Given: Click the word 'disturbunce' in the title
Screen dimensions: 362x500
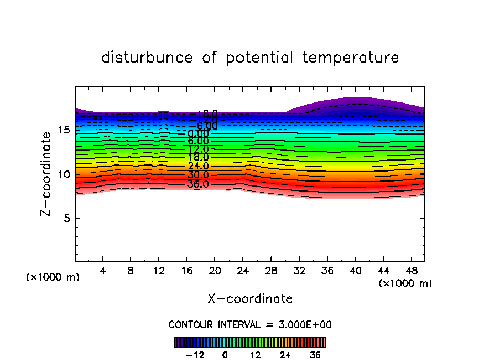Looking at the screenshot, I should [x=147, y=58].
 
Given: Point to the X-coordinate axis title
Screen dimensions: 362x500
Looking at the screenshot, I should [x=250, y=299].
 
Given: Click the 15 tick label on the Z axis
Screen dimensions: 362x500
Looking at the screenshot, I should [x=62, y=130].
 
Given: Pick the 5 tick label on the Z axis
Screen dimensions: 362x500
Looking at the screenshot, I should [x=66, y=218].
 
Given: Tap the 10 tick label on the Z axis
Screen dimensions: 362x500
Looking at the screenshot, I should [x=62, y=174].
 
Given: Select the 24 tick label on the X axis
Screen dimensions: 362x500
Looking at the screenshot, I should [x=243, y=271].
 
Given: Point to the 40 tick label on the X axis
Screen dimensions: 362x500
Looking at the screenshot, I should [x=355, y=271].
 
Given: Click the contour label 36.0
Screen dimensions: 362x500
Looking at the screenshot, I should [x=198, y=184].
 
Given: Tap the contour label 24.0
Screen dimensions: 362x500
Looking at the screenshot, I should [x=198, y=166].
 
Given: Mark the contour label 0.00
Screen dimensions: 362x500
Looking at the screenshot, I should [x=198, y=133].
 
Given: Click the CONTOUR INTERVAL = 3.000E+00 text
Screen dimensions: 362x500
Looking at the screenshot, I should [x=250, y=325].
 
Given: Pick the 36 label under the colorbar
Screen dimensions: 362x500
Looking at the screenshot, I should [x=314, y=355].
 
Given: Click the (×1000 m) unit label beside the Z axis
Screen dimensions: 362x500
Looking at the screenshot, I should [x=53, y=277].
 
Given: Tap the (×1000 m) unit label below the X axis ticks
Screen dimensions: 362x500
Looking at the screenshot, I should [x=405, y=283].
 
